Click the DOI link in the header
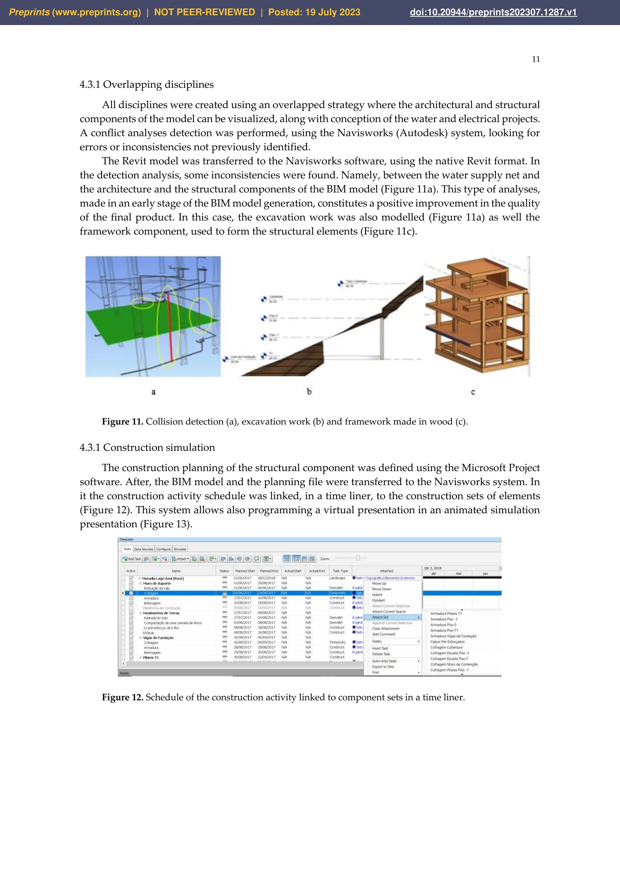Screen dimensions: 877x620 (493, 12)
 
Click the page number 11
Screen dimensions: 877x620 (536, 59)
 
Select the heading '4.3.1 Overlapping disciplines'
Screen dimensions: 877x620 (147, 84)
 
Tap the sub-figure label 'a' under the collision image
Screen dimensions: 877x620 (153, 392)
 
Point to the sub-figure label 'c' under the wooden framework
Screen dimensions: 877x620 (473, 392)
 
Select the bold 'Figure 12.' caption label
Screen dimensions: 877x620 (122, 697)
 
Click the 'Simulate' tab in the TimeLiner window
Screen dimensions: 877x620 (180, 549)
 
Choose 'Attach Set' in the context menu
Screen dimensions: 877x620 (380, 617)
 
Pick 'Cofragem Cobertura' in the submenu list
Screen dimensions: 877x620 (446, 647)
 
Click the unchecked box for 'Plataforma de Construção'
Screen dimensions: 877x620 (131, 608)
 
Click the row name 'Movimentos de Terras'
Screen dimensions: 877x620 (161, 613)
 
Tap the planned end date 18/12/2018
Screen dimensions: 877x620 (266, 578)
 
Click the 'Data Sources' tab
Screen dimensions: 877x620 (143, 549)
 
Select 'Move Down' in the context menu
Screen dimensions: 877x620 (381, 589)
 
